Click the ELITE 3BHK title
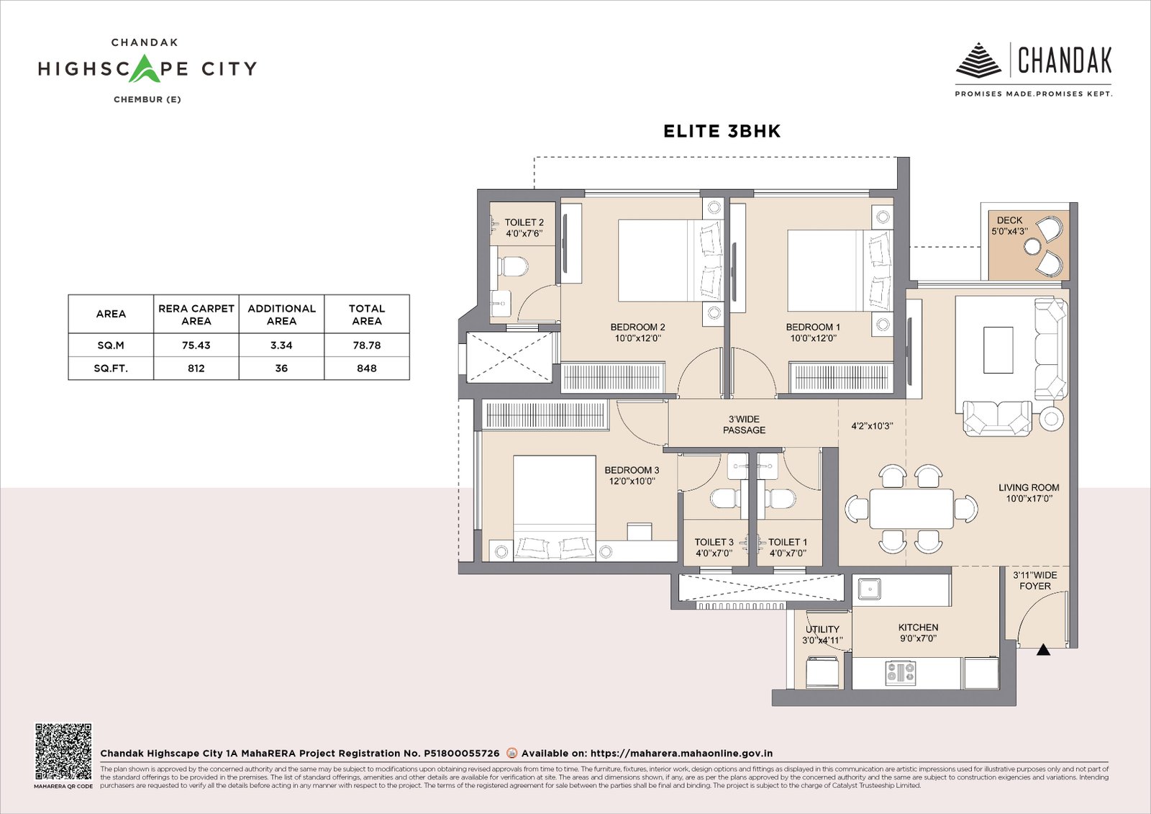coord(722,131)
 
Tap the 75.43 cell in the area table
coord(196,345)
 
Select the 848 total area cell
coord(366,368)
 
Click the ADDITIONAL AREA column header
coord(281,315)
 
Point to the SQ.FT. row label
coord(111,368)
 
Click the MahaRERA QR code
coord(63,751)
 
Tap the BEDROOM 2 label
coord(637,327)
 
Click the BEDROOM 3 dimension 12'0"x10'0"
coord(632,481)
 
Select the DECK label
coord(1009,220)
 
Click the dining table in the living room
coord(911,509)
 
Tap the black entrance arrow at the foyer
coord(1043,650)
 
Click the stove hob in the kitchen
coord(900,673)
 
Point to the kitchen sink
coord(869,589)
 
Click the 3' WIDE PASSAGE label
coord(744,425)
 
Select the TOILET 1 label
coord(787,542)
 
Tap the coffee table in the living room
coord(998,350)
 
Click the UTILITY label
coord(822,629)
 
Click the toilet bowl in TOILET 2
coord(512,266)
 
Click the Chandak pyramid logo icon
coord(978,60)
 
